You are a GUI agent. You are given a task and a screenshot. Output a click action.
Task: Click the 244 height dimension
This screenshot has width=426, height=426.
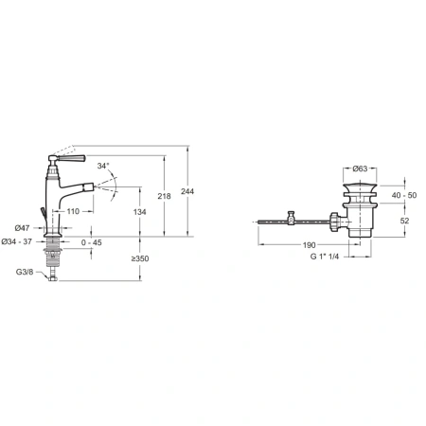tap(187, 191)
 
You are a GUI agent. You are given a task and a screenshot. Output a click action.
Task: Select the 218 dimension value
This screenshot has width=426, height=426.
tap(164, 196)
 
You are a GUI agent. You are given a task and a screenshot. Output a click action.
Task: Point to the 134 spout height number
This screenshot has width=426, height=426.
tap(139, 212)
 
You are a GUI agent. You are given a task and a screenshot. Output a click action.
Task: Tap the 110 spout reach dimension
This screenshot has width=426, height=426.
tap(73, 211)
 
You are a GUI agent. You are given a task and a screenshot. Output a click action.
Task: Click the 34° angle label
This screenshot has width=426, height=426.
tap(103, 166)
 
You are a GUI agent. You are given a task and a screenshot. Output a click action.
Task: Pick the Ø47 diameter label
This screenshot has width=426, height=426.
tap(22, 227)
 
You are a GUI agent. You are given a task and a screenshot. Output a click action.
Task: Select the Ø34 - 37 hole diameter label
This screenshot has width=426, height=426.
tap(17, 241)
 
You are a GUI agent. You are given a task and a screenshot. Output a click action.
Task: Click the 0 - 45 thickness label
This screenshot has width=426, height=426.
tap(92, 242)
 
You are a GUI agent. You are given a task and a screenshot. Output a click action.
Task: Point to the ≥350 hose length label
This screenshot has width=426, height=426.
tap(140, 258)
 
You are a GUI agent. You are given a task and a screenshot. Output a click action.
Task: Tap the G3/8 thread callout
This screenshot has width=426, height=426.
tap(25, 272)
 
